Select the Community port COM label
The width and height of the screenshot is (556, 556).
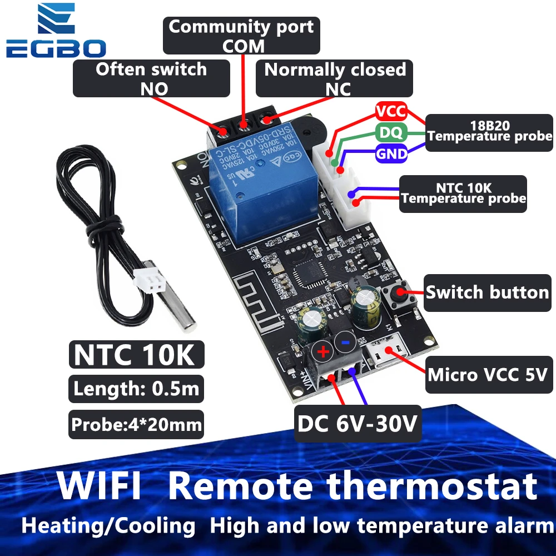[241, 36]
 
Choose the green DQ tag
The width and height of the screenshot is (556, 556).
[391, 132]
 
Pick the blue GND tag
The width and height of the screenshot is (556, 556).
[391, 153]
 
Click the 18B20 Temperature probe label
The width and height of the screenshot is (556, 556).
[490, 129]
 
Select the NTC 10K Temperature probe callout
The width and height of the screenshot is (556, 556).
[463, 193]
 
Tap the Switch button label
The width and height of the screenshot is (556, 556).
[487, 292]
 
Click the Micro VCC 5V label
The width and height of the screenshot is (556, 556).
[490, 374]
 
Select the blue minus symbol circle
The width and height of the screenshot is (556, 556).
[345, 344]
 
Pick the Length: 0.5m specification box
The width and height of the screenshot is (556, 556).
[136, 389]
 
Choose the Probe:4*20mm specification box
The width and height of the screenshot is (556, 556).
[136, 425]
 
